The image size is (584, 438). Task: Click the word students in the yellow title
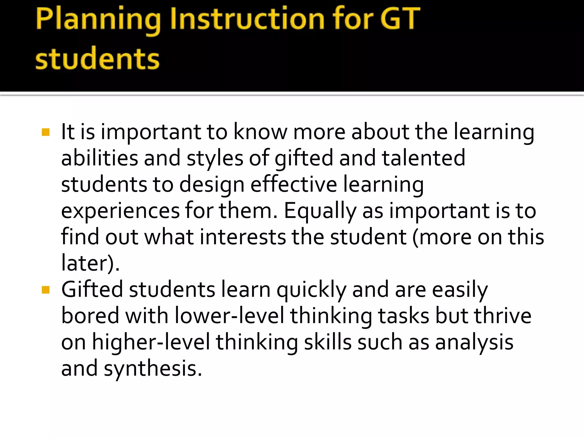97,59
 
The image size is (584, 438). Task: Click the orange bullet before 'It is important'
46,132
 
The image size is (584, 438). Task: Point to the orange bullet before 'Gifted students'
46,290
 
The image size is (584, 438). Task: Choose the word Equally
320,211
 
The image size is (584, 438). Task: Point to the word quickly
311,290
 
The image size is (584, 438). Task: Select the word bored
90,316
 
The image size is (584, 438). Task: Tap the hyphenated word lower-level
230,316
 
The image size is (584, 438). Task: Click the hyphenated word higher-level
151,342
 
